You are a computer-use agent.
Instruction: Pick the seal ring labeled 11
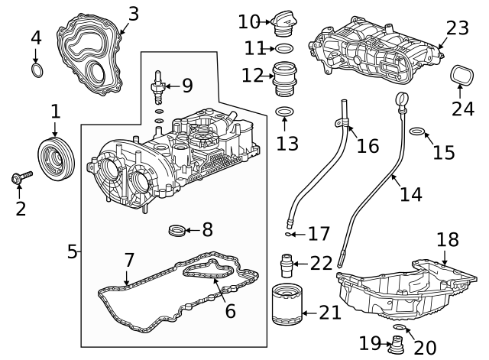point(283,49)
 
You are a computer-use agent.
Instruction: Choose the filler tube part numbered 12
point(284,76)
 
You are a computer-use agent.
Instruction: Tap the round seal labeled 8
point(176,228)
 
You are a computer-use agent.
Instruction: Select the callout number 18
point(449,239)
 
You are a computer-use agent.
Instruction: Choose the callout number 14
point(410,195)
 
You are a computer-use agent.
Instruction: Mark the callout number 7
point(128,259)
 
